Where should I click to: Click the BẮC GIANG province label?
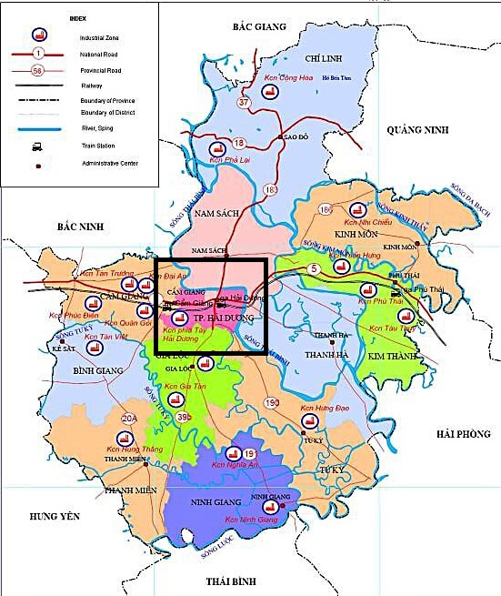click(259, 27)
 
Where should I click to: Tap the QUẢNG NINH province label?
click(418, 131)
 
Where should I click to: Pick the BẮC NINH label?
click(80, 226)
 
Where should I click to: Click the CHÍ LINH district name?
click(323, 57)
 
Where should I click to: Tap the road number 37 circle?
click(243, 103)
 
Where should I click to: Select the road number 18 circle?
click(239, 144)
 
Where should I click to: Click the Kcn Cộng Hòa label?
click(297, 78)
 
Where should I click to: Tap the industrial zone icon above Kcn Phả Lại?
click(216, 149)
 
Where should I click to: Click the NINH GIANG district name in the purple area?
click(215, 501)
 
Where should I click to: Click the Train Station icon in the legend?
click(37, 146)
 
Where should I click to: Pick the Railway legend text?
click(94, 84)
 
